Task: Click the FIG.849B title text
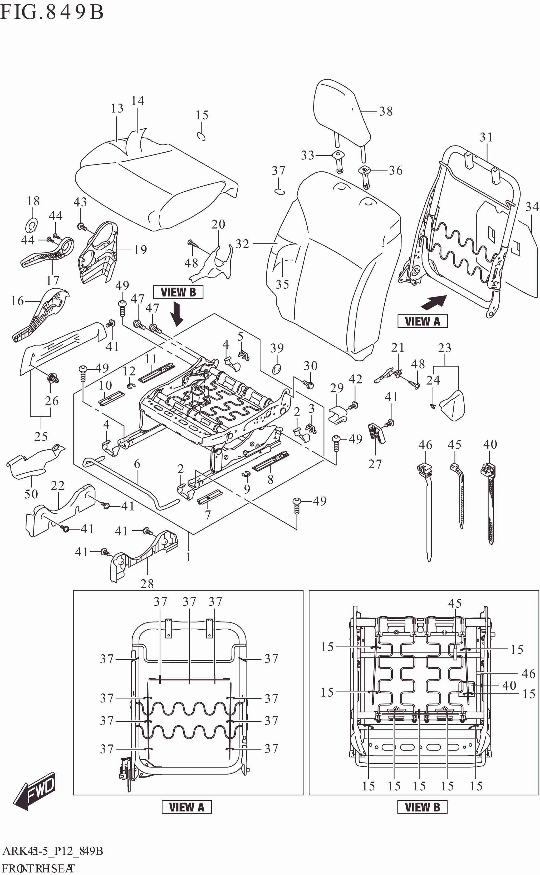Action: coord(52,12)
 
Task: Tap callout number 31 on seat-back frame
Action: coord(486,137)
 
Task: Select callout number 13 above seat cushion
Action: coord(117,108)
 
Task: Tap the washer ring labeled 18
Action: coord(32,225)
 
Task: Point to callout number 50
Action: coord(31,494)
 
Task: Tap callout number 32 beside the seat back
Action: coord(242,244)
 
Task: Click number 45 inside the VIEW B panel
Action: coord(455,603)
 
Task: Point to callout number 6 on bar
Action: coord(137,464)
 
